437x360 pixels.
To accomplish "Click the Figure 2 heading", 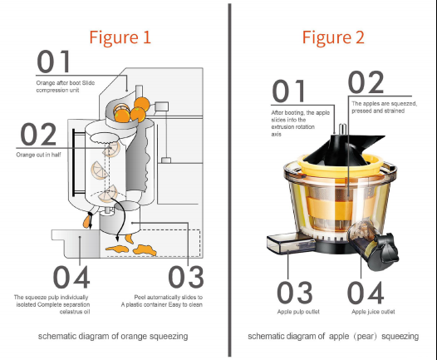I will click(x=333, y=37).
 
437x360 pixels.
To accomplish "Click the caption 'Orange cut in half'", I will click(x=39, y=155).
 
